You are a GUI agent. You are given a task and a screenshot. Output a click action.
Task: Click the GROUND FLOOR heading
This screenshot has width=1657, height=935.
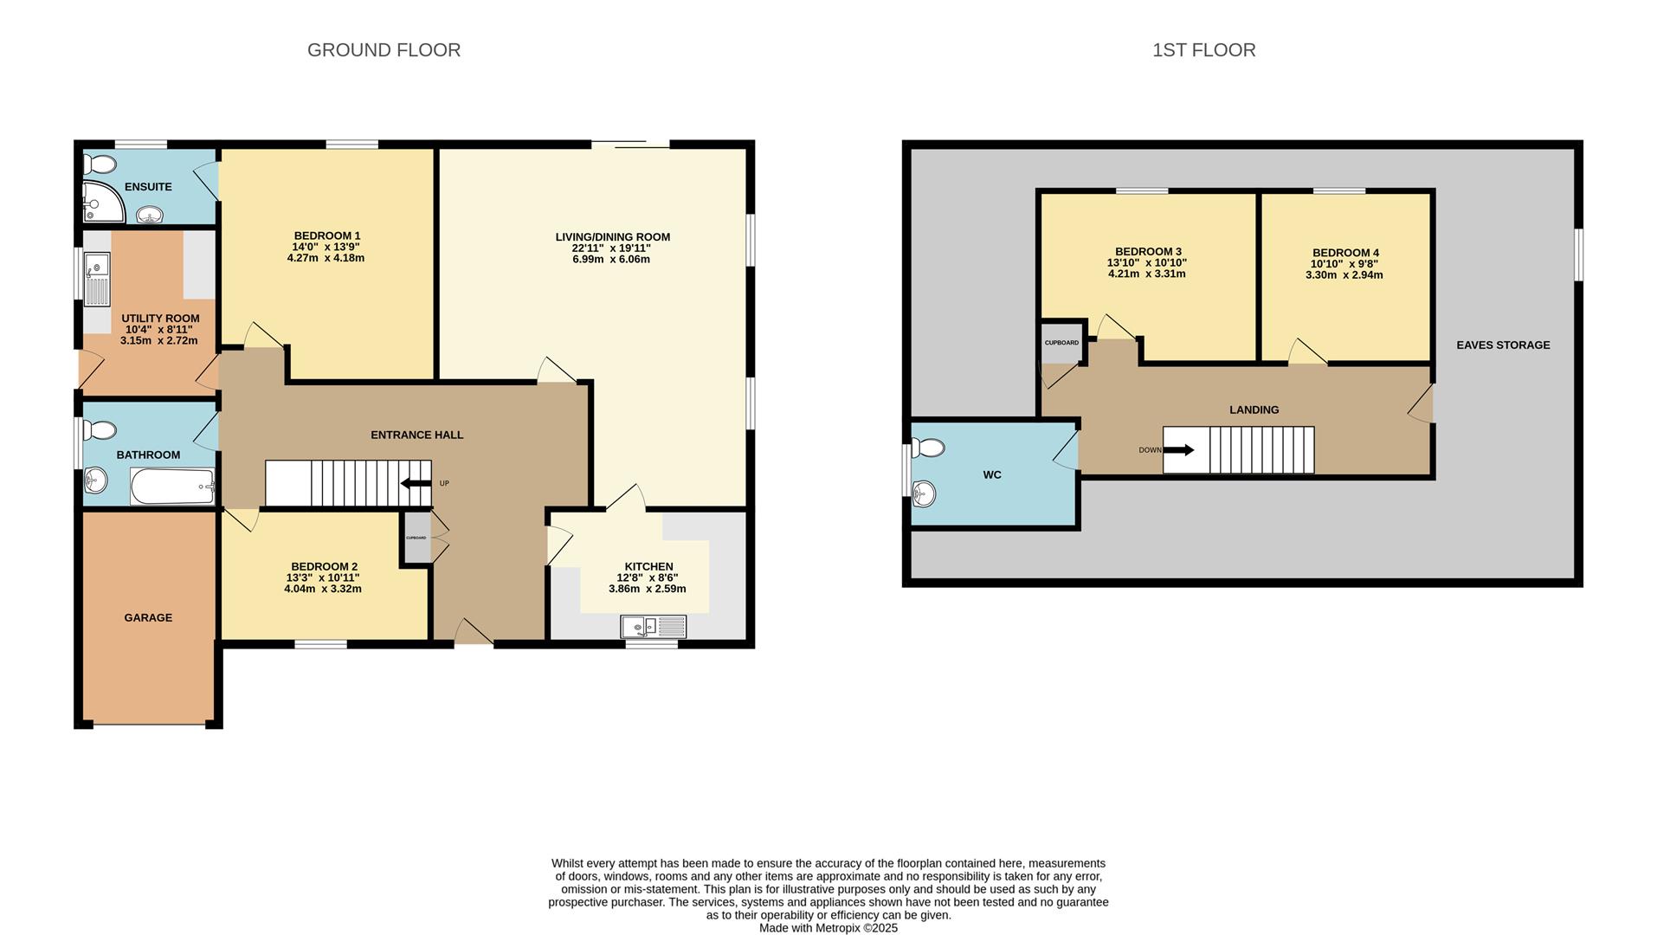384,50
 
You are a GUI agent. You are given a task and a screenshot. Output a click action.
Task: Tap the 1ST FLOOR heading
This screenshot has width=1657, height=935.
1203,50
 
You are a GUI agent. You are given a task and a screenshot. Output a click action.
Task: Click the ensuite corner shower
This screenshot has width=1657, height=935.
101,203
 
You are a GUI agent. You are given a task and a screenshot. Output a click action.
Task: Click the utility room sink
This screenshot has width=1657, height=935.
97,279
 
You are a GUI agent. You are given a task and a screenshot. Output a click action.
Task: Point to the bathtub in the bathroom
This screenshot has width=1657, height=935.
172,487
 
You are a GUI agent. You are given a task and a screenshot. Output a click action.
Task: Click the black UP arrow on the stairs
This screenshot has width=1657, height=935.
416,484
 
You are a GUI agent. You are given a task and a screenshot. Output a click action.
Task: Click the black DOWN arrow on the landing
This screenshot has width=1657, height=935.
1178,450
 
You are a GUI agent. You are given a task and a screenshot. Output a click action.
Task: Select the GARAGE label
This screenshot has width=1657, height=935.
148,618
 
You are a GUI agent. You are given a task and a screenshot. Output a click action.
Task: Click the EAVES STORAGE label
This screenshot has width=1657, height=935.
1503,345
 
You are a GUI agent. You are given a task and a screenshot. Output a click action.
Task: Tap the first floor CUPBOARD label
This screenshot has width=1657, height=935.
1061,343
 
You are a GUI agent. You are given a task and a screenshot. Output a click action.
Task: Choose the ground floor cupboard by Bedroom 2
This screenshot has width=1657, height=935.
416,538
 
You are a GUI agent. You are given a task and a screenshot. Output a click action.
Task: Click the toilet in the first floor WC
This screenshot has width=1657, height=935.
928,448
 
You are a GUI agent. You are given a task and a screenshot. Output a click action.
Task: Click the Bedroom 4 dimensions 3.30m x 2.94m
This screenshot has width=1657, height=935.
1344,275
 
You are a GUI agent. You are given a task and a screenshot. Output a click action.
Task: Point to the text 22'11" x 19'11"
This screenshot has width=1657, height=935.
611,248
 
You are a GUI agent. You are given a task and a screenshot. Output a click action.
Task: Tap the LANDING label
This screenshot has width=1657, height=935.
1254,410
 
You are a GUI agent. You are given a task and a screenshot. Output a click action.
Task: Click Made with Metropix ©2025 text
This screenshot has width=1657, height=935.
828,928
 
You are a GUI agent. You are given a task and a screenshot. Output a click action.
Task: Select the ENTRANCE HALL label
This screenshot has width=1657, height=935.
416,435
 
